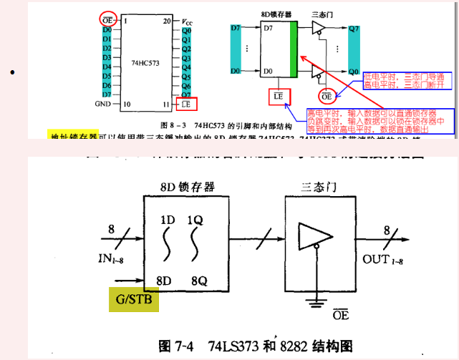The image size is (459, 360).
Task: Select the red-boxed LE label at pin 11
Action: coord(185,104)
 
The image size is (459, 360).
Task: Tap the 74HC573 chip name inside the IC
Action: coord(146,62)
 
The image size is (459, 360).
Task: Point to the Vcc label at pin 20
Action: coord(187,21)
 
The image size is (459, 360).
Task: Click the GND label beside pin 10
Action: coord(103,104)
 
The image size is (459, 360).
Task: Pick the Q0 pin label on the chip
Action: coord(186,31)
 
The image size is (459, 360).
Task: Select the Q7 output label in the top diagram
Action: coord(354,29)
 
